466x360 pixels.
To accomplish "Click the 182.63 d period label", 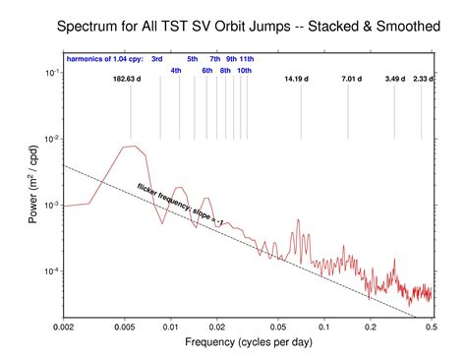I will click(x=130, y=78).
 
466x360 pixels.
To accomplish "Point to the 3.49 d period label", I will click(x=395, y=78).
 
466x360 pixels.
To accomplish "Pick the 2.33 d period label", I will click(x=424, y=78).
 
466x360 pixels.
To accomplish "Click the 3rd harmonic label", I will click(x=156, y=59).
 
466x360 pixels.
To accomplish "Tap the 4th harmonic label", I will click(x=176, y=71).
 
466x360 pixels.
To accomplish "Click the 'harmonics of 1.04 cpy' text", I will click(x=101, y=59).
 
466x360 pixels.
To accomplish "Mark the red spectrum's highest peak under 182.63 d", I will click(x=128, y=147).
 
